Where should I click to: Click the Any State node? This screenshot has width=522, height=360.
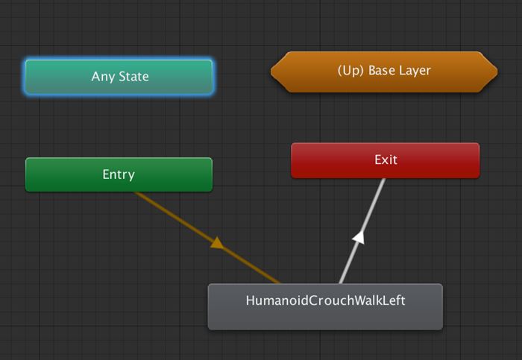(x=119, y=77)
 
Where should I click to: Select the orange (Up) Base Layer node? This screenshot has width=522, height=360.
(x=384, y=72)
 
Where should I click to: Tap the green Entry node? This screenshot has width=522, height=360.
(x=119, y=174)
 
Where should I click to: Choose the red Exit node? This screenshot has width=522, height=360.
(x=385, y=160)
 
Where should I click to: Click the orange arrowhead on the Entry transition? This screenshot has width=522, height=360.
(x=217, y=243)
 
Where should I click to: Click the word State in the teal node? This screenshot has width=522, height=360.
(x=133, y=77)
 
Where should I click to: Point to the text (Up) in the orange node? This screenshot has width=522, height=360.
(x=350, y=72)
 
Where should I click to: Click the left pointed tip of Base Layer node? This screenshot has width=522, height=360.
(x=272, y=72)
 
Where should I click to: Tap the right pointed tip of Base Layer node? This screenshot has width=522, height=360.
(x=496, y=72)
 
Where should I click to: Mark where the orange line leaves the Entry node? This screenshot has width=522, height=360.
(x=136, y=192)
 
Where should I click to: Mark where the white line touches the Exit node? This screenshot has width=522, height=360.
(x=383, y=180)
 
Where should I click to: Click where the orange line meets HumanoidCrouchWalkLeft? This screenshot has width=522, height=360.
(x=279, y=282)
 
